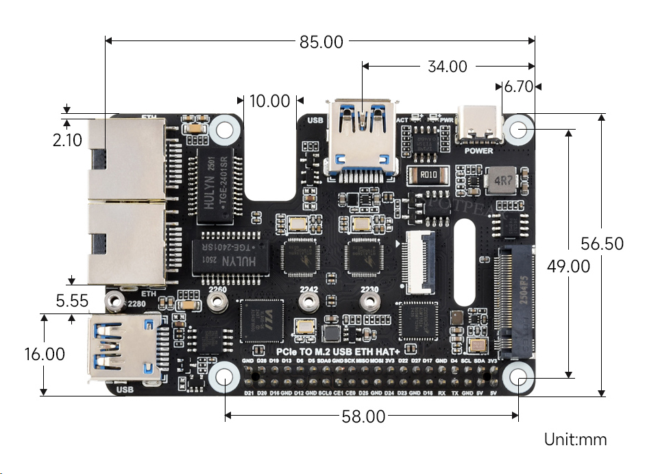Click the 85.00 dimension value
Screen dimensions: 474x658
(321, 42)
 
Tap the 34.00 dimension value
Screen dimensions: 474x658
(447, 67)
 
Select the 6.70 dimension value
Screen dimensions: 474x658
(518, 86)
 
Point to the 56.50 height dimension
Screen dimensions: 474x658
(602, 244)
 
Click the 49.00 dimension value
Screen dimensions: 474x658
(568, 266)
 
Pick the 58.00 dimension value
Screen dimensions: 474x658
(363, 416)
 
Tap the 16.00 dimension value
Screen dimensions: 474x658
(44, 354)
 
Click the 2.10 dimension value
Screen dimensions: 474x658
(67, 140)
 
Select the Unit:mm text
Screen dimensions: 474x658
(575, 440)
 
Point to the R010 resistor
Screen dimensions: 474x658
(429, 175)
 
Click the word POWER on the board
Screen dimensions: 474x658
(478, 150)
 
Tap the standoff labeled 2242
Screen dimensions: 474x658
(310, 302)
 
